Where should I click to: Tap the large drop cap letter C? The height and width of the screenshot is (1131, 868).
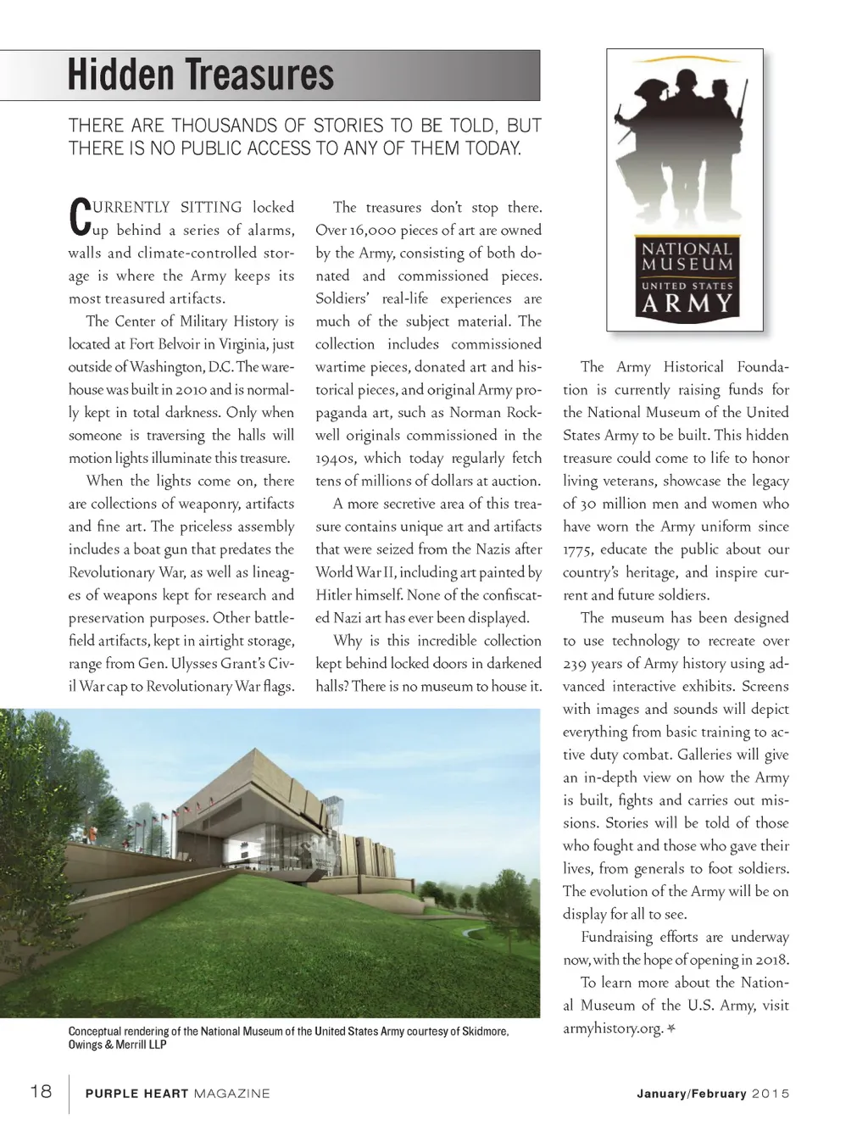pos(77,216)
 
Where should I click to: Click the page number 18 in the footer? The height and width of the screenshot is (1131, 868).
pos(41,1091)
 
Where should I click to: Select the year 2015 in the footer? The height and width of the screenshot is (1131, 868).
pos(771,1094)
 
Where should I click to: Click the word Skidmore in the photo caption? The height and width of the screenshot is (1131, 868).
pos(484,1032)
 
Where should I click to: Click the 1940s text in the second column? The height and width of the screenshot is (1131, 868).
pos(335,459)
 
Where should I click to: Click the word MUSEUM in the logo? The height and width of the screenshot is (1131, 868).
pos(687,265)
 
